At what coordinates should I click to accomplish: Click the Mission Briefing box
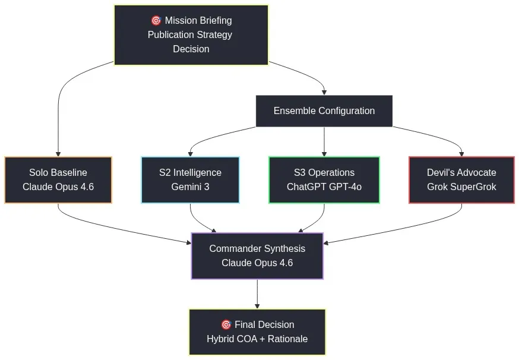click(191, 34)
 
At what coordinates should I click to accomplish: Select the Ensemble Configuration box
click(324, 111)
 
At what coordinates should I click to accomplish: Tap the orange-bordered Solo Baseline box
click(58, 180)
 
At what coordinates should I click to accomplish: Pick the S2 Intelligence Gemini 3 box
click(190, 180)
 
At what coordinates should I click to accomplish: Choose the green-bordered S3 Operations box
click(324, 180)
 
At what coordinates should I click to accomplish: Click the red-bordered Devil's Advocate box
click(461, 180)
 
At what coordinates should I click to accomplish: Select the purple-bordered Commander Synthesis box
click(257, 255)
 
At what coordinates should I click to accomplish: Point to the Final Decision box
click(257, 331)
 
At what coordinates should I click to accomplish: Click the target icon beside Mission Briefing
click(156, 20)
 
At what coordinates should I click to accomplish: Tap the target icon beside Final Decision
click(226, 324)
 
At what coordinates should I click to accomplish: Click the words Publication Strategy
click(190, 34)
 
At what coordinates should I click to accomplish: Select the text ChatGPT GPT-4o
click(324, 187)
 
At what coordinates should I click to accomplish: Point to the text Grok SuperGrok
click(461, 187)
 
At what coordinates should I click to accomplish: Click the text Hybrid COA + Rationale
click(257, 339)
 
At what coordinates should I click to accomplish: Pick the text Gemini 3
click(190, 187)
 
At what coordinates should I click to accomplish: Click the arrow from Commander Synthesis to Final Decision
click(257, 293)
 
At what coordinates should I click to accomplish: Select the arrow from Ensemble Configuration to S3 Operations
click(324, 141)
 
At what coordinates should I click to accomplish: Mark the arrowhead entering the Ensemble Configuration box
click(324, 92)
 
